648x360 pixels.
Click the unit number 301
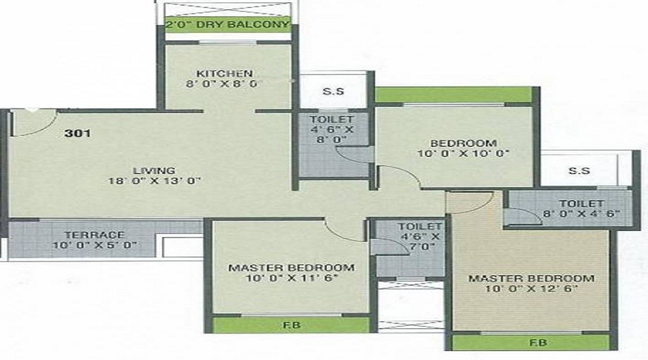coord(77,133)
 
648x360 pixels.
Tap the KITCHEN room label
coord(225,73)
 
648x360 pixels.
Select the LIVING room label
coord(154,171)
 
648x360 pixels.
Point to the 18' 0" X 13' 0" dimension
coord(154,181)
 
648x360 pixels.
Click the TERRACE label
coord(94,235)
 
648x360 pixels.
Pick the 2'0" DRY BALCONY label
coord(227,24)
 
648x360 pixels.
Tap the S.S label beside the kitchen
coord(333,91)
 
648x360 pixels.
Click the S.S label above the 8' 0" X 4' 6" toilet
coord(579,171)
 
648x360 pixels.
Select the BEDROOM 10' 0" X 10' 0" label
coord(463,148)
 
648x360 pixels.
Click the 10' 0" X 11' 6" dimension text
coord(292,278)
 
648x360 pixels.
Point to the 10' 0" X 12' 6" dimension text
coord(531,289)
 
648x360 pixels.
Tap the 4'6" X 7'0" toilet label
coord(420,237)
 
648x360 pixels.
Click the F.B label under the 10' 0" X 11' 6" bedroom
coord(292,325)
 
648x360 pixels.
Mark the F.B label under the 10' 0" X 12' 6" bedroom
coord(538,343)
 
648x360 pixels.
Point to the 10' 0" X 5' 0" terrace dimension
coord(94,245)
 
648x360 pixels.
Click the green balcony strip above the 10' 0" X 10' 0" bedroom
coord(453,94)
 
